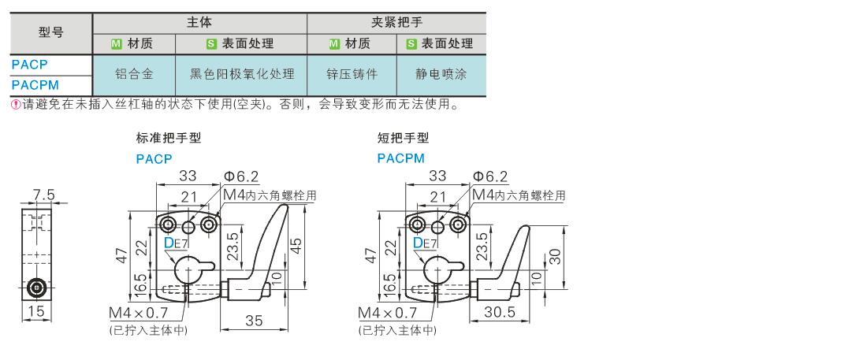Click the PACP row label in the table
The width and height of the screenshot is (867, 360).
[29, 64]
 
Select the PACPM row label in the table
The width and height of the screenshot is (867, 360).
[35, 85]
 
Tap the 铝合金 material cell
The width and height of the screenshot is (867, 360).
[134, 74]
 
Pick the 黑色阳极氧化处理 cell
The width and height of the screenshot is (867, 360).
[242, 74]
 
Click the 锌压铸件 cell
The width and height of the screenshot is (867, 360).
[352, 74]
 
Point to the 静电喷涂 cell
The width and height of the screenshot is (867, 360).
[441, 74]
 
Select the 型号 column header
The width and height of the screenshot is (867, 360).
[51, 32]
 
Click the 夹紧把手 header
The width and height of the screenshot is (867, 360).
[396, 22]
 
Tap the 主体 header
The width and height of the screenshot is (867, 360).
[199, 22]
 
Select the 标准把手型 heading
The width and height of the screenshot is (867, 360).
[169, 138]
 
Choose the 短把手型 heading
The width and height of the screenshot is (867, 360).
[403, 138]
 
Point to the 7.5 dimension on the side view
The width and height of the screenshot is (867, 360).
[44, 195]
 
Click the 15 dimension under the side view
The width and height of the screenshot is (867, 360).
[36, 311]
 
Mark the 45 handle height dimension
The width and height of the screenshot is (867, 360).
[297, 244]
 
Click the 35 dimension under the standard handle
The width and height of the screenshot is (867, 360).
[254, 320]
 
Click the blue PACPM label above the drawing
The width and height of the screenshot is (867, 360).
[401, 158]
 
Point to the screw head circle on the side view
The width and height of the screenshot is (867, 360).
[36, 287]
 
